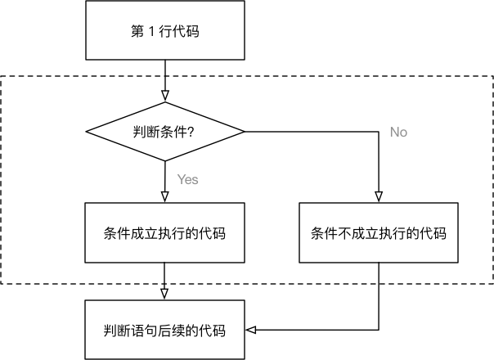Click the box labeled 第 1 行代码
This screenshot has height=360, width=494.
[165, 32]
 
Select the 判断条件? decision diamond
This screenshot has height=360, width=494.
[165, 131]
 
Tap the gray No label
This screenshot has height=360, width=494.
[398, 132]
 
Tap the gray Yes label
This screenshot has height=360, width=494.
[187, 179]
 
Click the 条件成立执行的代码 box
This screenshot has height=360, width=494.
[165, 232]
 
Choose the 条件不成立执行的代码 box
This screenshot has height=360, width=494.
[378, 232]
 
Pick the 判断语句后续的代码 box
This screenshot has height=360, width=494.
[165, 331]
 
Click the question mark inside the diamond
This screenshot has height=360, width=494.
[191, 132]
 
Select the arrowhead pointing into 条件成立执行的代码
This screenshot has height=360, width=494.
[165, 196]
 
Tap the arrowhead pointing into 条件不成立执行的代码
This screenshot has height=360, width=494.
[378, 196]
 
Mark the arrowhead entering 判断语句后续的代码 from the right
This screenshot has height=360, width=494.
[252, 331]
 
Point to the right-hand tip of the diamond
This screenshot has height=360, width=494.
[244, 131]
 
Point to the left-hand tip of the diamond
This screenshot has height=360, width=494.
[87, 131]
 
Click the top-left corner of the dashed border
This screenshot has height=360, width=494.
[2, 78]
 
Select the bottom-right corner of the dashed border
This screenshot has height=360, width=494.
[492, 284]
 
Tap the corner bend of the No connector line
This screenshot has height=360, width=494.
[378, 131]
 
